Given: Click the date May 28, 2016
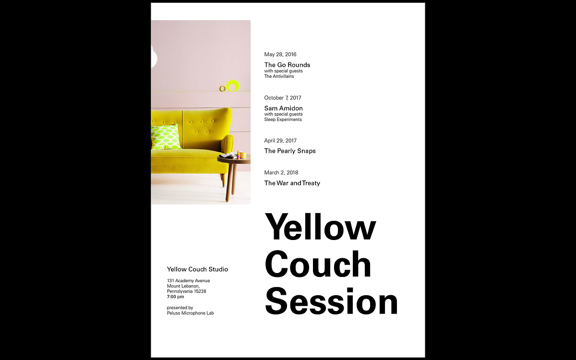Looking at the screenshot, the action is tap(280, 55).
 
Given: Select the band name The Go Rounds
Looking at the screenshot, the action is tap(287, 65).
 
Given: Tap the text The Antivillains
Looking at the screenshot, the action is tap(279, 76).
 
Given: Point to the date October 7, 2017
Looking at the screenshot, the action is tap(283, 98).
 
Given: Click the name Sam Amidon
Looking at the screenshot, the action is tap(283, 108).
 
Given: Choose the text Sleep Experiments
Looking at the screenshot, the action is tap(283, 120).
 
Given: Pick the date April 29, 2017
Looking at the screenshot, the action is tap(280, 141).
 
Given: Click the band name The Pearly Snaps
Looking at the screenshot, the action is tap(290, 151).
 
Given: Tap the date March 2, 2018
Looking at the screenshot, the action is tap(281, 172).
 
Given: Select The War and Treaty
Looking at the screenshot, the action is tap(292, 183).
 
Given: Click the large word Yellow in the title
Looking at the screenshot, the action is tap(320, 227).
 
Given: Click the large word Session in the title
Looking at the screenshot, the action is tap(331, 301).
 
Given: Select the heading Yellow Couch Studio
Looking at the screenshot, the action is tap(197, 269).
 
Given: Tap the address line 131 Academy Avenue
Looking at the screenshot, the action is tap(189, 281).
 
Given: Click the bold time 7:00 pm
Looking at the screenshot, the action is tap(176, 297).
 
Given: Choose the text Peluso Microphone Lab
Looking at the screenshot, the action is tap(190, 313).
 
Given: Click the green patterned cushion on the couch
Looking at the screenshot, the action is tap(166, 137).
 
